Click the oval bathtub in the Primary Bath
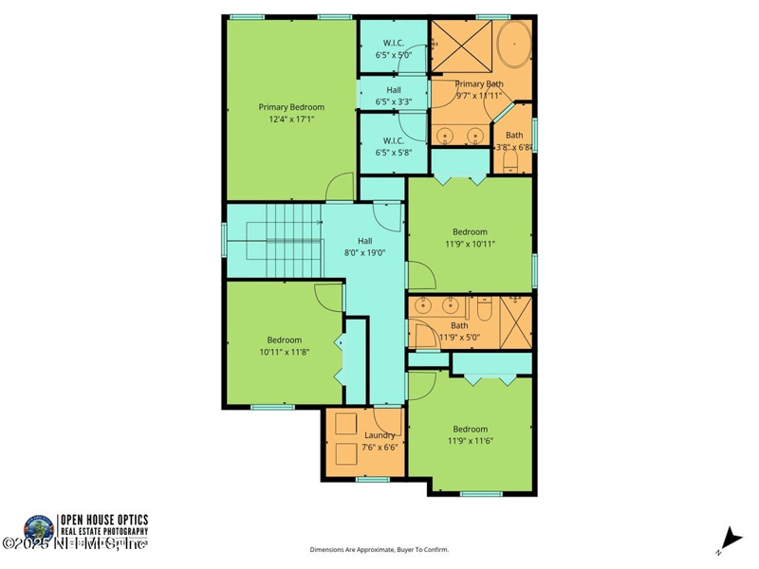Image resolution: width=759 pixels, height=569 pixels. tap(514, 48)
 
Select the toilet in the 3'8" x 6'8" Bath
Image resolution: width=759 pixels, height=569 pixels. tap(509, 163)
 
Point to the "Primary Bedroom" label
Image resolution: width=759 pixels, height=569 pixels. tap(291, 107)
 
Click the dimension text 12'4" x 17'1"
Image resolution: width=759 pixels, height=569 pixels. tap(291, 119)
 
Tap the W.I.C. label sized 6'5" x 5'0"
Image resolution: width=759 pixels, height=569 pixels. tap(394, 49)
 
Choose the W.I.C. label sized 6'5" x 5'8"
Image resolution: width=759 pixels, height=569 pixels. tap(394, 146)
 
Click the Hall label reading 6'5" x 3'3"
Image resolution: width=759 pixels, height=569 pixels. tap(394, 96)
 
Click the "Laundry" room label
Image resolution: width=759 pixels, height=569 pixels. tap(379, 435)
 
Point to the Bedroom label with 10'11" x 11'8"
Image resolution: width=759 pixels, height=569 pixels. tap(284, 346)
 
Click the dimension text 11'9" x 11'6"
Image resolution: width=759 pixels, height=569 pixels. tap(470, 440)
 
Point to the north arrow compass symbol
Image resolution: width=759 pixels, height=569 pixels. tap(728, 537)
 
